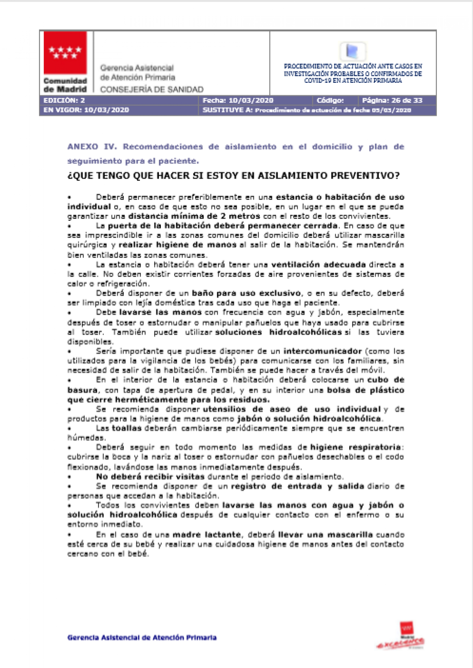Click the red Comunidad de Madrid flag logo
click(65, 53)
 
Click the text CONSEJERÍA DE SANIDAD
click(152, 89)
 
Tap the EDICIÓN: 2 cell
click(64, 100)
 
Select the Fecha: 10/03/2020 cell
click(238, 100)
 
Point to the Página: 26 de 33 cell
click(392, 100)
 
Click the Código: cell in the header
click(330, 100)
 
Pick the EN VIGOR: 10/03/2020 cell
click(86, 110)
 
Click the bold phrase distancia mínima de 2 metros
click(194, 216)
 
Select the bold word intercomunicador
click(322, 351)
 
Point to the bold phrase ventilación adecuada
click(318, 265)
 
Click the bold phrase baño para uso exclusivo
click(246, 293)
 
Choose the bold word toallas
click(127, 428)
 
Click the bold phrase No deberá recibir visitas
click(150, 477)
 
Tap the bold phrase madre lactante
click(206, 535)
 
